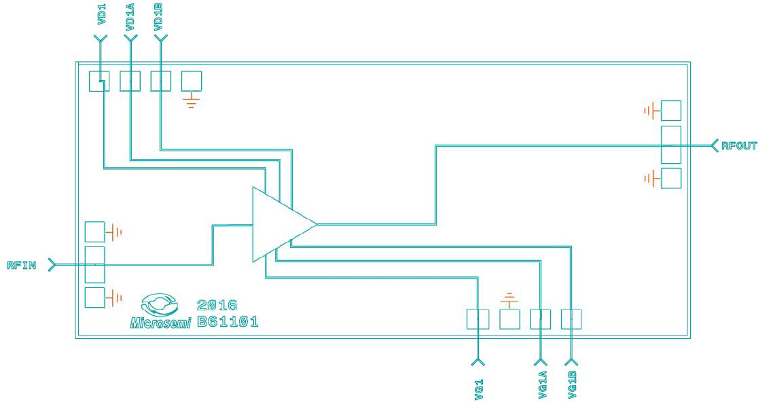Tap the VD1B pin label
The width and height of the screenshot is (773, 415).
pyautogui.click(x=159, y=16)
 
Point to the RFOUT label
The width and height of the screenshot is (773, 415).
pyautogui.click(x=739, y=145)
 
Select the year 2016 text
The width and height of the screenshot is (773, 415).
pyautogui.click(x=217, y=305)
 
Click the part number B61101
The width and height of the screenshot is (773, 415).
pyautogui.click(x=228, y=321)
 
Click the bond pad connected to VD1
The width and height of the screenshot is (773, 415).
pyautogui.click(x=100, y=81)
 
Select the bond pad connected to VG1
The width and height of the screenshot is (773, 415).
pyautogui.click(x=478, y=319)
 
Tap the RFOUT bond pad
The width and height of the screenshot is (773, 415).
pyautogui.click(x=670, y=145)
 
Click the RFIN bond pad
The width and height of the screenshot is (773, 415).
pyautogui.click(x=94, y=264)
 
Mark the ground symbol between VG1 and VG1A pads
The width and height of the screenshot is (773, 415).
pyautogui.click(x=509, y=298)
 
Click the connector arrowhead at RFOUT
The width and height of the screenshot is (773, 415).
pyautogui.click(x=715, y=145)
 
